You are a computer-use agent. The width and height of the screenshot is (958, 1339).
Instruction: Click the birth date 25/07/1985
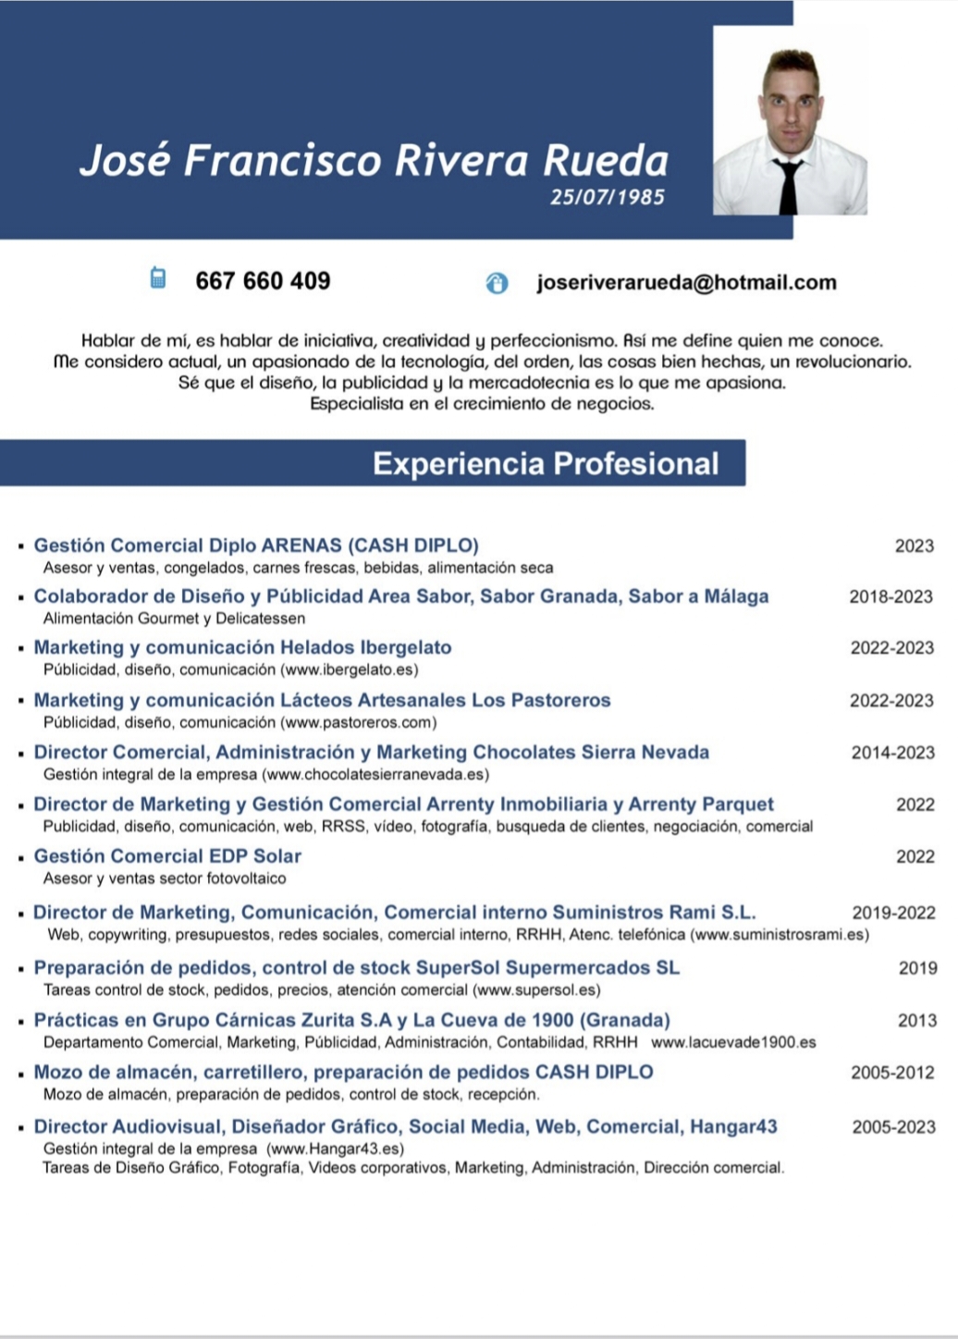[x=607, y=197]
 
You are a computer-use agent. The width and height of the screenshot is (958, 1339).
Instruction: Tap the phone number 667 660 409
[x=263, y=281]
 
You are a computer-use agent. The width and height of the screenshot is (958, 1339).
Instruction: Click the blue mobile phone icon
[x=158, y=277]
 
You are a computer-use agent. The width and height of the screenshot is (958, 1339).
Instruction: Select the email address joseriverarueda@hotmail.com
[x=686, y=283]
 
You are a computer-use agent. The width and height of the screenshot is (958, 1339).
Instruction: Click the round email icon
[x=497, y=283]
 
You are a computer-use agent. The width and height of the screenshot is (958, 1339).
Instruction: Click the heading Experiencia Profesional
[x=546, y=463]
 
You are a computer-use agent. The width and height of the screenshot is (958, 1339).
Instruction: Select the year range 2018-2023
[x=890, y=596]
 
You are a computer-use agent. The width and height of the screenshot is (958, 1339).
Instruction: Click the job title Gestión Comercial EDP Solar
[x=167, y=856]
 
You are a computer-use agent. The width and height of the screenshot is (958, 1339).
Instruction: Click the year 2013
[x=916, y=1021]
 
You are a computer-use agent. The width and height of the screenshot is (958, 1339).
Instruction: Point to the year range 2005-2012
[x=892, y=1073]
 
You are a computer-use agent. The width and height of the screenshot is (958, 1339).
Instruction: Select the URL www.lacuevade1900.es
[x=733, y=1042]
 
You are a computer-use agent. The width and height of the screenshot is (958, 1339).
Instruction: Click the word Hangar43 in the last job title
[x=734, y=1126]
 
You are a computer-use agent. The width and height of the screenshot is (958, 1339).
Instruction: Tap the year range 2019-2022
[x=893, y=913]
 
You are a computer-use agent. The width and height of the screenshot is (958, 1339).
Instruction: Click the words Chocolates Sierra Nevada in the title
[x=591, y=753]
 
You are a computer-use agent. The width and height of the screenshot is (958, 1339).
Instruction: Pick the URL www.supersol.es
[x=535, y=990]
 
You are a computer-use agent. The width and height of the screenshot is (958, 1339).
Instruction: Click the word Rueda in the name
[x=605, y=160]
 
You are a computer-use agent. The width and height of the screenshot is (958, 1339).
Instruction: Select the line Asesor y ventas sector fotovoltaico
[x=165, y=878]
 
